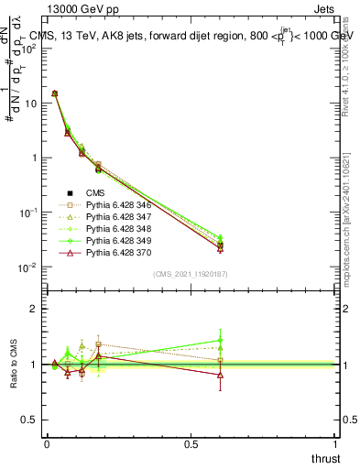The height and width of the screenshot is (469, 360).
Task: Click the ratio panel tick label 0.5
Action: coord(30,420)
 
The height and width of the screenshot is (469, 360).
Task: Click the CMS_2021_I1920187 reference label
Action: coord(191,274)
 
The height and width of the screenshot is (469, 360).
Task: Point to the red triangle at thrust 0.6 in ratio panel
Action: coord(220,375)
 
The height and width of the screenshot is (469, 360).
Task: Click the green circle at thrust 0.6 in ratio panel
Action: coord(220,341)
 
